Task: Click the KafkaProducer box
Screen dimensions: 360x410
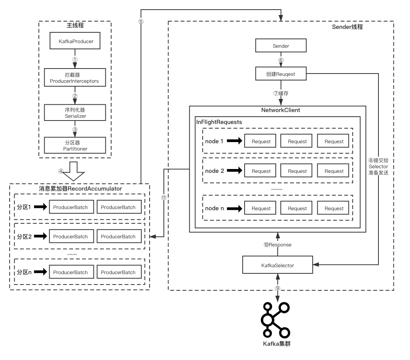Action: click(75, 41)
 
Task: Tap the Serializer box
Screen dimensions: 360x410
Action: click(75, 112)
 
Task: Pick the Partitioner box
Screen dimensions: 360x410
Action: click(75, 146)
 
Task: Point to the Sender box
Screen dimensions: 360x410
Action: click(281, 46)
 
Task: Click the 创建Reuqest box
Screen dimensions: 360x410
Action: click(281, 74)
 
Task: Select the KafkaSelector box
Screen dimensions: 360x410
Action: click(277, 265)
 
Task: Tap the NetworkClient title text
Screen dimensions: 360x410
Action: click(280, 110)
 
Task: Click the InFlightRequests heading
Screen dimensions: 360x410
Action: click(219, 122)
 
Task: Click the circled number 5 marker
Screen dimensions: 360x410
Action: click(141, 22)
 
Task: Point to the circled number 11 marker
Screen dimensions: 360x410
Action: click(164, 198)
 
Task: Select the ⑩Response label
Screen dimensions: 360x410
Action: click(277, 245)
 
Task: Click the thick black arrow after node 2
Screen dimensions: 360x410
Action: click(235, 171)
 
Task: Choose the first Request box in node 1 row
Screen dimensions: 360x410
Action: click(261, 141)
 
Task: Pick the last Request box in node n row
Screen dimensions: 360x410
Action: click(333, 208)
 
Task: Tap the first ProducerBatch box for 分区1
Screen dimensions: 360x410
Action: click(70, 207)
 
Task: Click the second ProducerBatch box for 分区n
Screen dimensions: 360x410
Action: click(118, 272)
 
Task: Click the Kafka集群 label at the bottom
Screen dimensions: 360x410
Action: click(277, 343)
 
